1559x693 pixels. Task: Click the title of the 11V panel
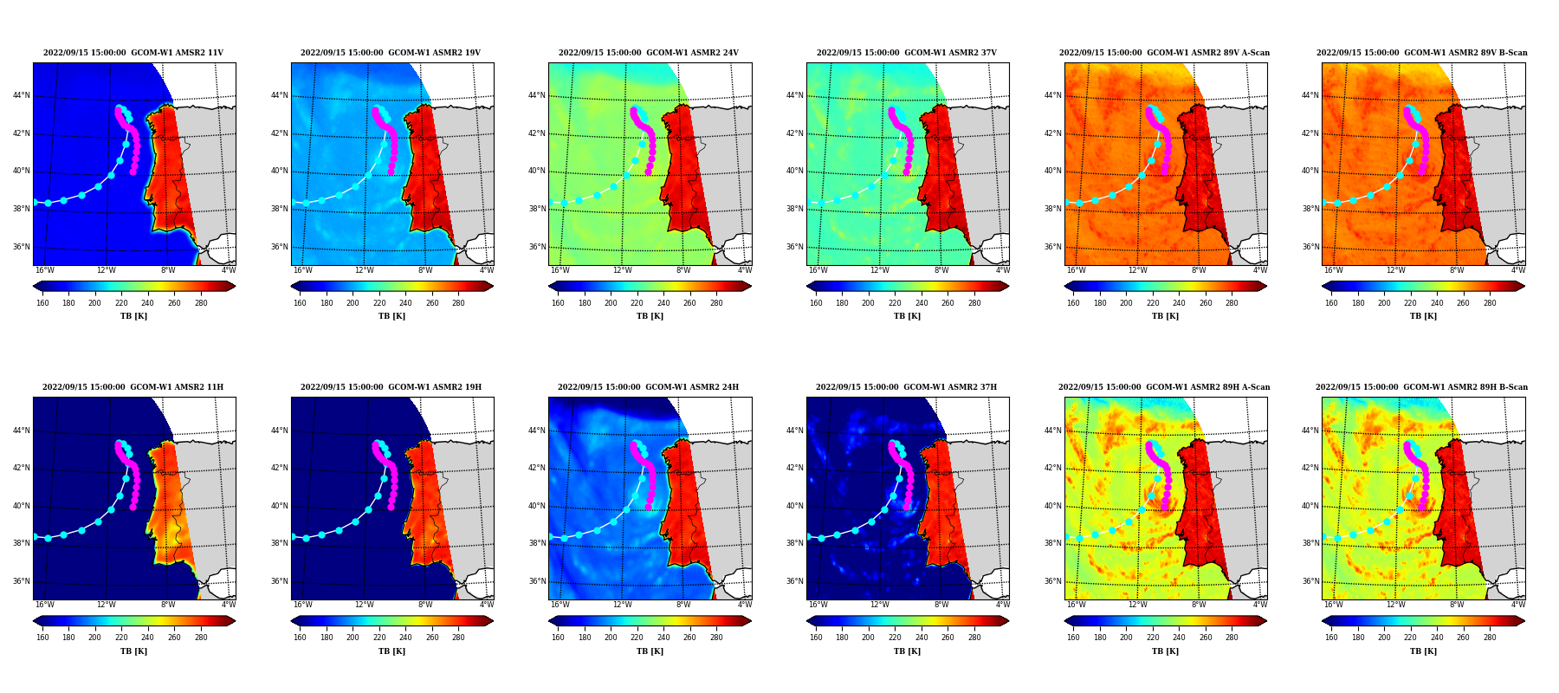tap(133, 53)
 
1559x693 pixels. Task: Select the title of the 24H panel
tap(650, 387)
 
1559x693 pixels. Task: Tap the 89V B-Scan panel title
tap(1422, 53)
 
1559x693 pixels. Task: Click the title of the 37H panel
tap(907, 387)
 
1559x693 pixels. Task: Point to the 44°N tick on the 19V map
tap(279, 96)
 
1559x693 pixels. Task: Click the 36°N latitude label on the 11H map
tap(21, 582)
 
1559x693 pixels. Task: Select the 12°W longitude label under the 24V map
tap(623, 270)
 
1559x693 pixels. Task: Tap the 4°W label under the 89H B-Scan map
tap(1518, 605)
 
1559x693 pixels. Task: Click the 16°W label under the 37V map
tap(818, 270)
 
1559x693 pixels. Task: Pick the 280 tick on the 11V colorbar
tap(201, 303)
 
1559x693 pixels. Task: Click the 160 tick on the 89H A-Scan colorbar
tap(1073, 638)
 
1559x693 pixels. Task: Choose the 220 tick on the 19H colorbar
tap(379, 638)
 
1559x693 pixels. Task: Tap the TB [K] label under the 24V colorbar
tap(650, 316)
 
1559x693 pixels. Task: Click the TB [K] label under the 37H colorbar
tap(907, 651)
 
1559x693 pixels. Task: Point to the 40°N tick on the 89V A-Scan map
tap(1052, 172)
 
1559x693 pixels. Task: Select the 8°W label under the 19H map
tap(425, 605)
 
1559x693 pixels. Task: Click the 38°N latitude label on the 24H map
tap(536, 544)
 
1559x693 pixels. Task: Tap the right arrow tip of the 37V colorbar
tap(1009, 286)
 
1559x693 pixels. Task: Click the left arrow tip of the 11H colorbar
tap(33, 620)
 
